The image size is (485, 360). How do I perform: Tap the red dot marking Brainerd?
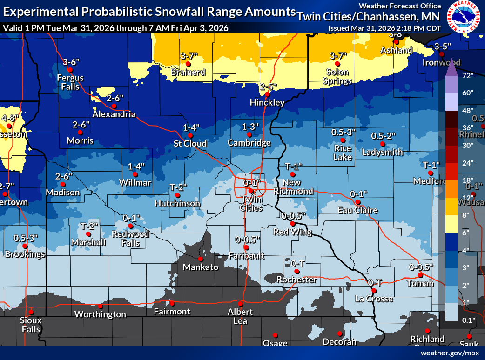point(188,64)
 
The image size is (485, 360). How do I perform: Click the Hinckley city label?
point(267,102)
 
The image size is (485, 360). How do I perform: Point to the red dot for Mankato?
point(201,259)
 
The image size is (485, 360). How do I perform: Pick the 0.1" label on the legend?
point(468,320)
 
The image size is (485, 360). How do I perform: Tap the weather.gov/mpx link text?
point(450,353)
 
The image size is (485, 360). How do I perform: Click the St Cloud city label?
point(190,143)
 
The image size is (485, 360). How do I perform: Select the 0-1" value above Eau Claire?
point(358,193)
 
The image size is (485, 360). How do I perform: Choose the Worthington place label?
point(100,314)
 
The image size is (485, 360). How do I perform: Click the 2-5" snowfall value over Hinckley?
point(269,87)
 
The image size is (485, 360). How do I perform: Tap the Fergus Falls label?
point(71,82)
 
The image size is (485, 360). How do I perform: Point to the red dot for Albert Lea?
point(241,303)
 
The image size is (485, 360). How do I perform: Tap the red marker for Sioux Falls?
point(31,312)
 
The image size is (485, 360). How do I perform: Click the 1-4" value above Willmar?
point(136,166)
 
